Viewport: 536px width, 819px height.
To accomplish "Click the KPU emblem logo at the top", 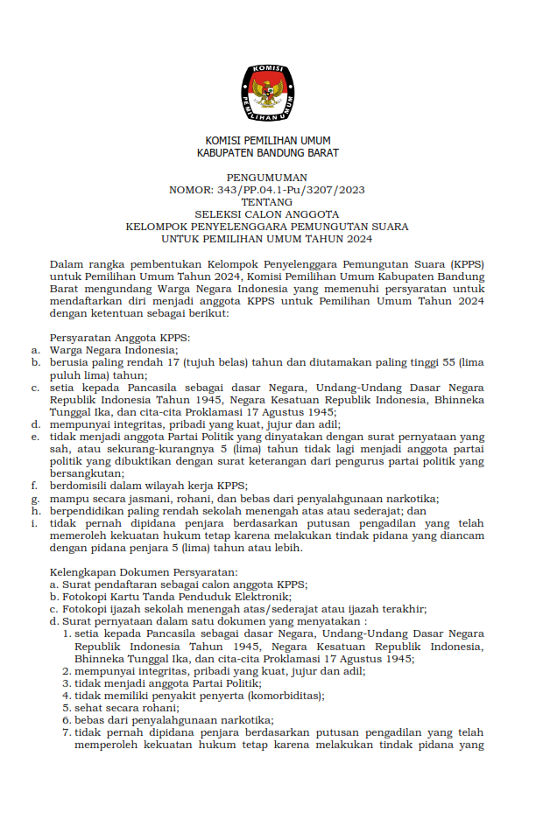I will (268, 93).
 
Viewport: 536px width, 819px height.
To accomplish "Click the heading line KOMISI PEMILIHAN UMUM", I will (268, 141).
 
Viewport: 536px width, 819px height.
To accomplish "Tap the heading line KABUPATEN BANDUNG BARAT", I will (268, 153).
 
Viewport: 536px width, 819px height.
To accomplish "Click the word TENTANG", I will (268, 202).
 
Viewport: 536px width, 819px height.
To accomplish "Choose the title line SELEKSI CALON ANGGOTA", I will (268, 214).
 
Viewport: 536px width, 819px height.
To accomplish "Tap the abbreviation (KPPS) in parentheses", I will (468, 263).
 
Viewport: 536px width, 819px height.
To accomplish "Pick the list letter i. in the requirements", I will (33, 523).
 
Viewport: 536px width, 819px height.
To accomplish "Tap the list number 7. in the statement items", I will (67, 732).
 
